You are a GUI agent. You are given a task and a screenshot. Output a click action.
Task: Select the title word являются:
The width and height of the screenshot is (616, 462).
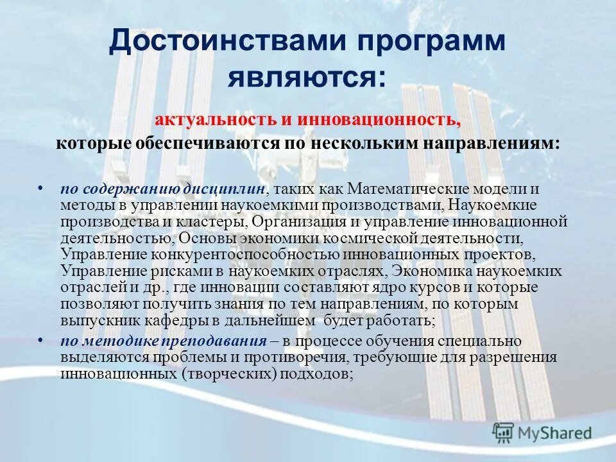coord(307,78)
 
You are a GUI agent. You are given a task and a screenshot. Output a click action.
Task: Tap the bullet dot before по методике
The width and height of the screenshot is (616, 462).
coord(40,340)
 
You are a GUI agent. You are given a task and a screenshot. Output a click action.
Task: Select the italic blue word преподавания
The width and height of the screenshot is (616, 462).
coord(215,341)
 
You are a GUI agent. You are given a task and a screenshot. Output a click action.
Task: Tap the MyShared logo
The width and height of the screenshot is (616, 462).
coord(542,434)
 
